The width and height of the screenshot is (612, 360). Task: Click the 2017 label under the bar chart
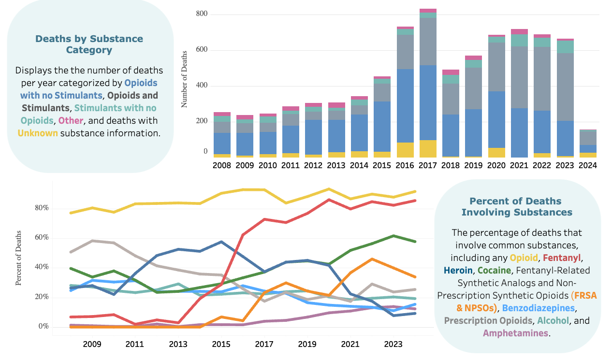point(428,165)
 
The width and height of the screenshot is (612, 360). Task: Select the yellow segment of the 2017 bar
point(428,149)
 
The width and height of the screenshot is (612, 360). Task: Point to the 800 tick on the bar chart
point(202,14)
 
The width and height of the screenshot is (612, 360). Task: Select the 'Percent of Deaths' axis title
point(19,259)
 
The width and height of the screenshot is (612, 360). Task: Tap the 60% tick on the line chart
point(41,238)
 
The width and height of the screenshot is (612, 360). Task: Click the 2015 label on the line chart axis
point(221,345)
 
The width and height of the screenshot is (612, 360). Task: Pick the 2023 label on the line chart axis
point(393,345)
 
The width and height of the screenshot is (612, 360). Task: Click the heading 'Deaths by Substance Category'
point(89,44)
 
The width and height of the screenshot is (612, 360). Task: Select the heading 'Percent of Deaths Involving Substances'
point(516,206)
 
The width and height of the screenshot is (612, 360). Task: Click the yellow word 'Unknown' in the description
point(38,132)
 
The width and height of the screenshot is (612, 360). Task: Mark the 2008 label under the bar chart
point(222,165)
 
